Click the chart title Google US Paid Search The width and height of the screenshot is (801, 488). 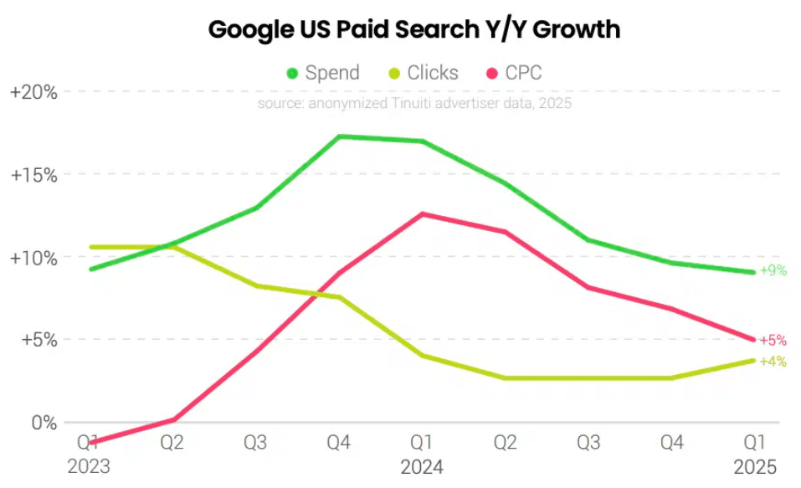coord(413,29)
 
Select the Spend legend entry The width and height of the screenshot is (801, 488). coord(323,73)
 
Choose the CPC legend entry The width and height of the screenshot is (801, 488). coord(514,73)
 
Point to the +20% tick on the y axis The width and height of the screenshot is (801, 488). coord(33,92)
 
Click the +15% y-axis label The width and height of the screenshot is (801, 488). coord(33,175)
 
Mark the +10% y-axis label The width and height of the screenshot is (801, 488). coord(33,258)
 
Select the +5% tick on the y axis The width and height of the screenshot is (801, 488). coord(37,340)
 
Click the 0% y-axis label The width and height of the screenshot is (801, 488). coord(44,423)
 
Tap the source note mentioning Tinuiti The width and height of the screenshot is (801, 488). coord(414,103)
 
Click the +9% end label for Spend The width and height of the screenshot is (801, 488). coord(773,271)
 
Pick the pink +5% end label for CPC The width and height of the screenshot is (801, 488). coord(773,341)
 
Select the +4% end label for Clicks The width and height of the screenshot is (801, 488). coord(773,362)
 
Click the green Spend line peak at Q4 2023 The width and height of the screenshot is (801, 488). coord(339,136)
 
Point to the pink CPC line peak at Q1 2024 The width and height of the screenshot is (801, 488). coord(423,213)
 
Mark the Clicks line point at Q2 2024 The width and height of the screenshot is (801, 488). coord(506,378)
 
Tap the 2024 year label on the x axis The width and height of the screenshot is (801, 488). coord(423,466)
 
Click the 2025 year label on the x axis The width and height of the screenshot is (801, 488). coord(756,466)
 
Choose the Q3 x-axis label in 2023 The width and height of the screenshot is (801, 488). coord(255,443)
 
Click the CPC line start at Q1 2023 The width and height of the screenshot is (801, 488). coord(90,443)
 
